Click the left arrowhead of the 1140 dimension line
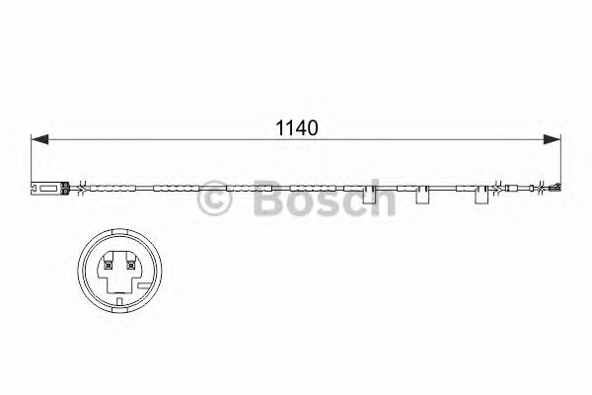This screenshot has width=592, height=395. click(39, 141)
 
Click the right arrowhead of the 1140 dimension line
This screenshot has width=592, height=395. click(556, 141)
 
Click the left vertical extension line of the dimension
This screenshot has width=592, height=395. click(33, 158)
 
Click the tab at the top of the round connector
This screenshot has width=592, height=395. click(117, 237)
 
